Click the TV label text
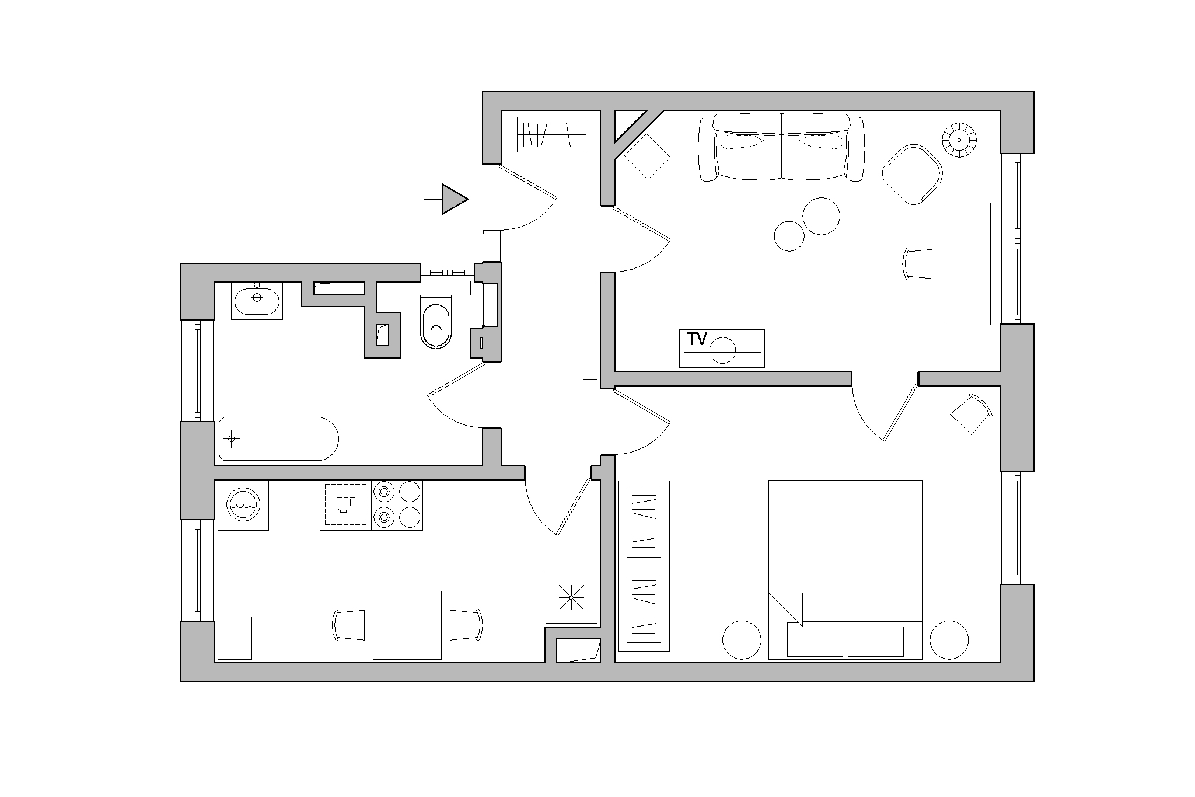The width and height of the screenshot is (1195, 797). tap(697, 339)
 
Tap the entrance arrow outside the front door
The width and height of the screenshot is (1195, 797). tap(446, 199)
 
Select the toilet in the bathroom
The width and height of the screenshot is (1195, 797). tap(435, 322)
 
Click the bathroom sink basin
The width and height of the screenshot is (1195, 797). tap(257, 300)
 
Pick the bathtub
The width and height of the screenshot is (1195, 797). tap(279, 438)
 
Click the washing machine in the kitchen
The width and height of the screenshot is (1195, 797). tap(243, 505)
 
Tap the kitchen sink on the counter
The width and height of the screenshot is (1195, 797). tap(345, 505)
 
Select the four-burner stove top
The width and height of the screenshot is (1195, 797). tap(397, 505)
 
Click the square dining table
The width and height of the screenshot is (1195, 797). tap(407, 625)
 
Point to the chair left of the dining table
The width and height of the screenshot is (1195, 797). tap(349, 625)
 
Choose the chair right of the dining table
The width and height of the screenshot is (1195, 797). tap(466, 625)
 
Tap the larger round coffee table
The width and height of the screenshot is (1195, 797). tap(822, 216)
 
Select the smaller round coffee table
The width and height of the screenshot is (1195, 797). tap(789, 236)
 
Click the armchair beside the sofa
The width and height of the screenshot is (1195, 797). tap(912, 174)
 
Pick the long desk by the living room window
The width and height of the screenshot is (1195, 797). tap(967, 264)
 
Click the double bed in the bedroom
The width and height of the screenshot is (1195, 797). tap(845, 570)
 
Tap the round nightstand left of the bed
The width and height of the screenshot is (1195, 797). tap(742, 640)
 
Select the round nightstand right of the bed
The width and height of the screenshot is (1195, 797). tap(949, 640)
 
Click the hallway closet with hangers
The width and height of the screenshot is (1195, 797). tap(551, 134)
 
